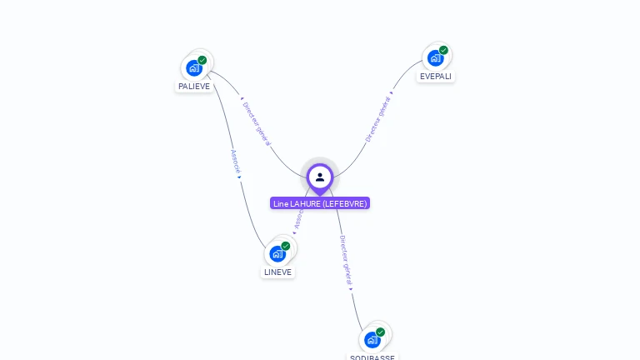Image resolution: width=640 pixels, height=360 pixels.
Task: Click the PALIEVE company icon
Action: coord(194,67)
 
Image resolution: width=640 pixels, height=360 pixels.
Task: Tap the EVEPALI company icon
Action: coord(435,57)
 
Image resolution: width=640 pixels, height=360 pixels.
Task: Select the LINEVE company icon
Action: coord(277,253)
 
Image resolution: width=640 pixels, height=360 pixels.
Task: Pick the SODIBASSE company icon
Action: coord(372,339)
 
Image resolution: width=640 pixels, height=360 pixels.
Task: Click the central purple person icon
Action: coord(320,177)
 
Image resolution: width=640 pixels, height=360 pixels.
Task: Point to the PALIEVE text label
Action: coord(194,86)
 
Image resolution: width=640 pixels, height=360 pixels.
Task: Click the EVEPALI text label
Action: coord(436,76)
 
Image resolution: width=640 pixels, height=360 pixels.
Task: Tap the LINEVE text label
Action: coord(278,272)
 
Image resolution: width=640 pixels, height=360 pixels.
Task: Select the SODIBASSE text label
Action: coord(372,357)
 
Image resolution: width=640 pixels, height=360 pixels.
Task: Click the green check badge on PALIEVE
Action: coord(202,60)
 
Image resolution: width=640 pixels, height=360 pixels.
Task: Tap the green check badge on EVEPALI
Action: coord(443,50)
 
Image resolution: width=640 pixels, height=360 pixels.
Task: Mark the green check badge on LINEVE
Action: coord(286,246)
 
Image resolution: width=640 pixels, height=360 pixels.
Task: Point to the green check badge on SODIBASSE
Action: coord(380,332)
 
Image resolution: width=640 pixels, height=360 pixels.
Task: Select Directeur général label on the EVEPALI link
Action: coord(377,120)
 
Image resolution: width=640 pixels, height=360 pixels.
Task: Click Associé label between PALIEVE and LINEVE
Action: coord(235,162)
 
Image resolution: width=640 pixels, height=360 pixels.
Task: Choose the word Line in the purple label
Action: coord(280,203)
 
